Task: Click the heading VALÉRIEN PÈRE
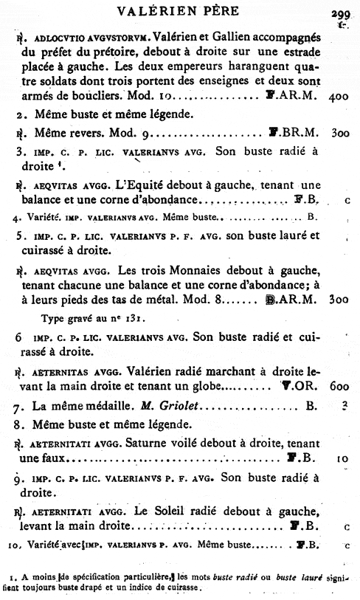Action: (x=179, y=12)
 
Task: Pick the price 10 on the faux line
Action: (x=341, y=459)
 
